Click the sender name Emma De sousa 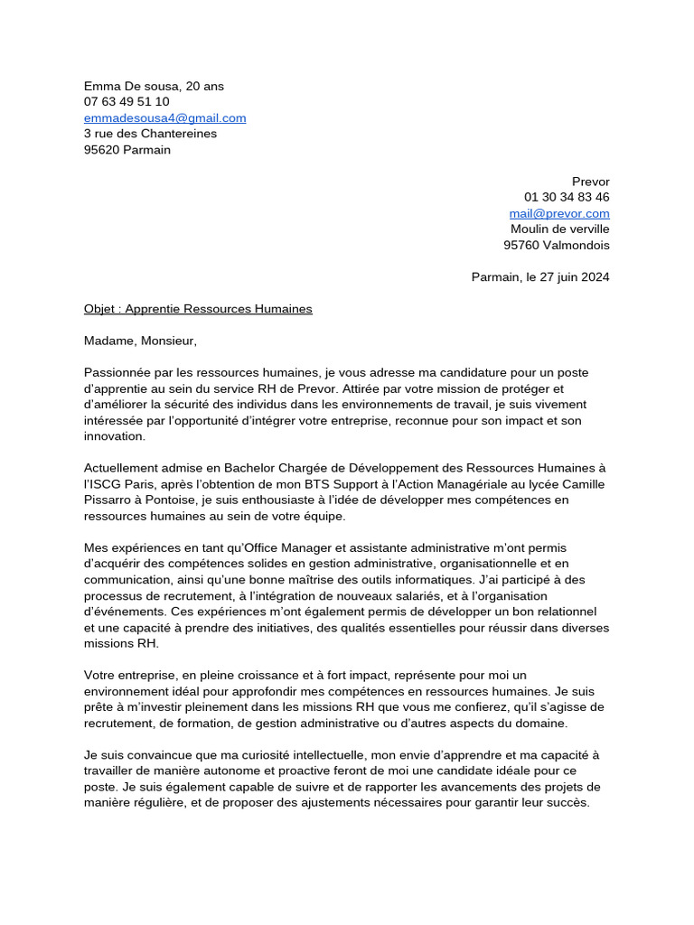129,86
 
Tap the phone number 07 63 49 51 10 127,102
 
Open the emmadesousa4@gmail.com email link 164,118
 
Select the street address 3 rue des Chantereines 150,134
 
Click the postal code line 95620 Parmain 127,150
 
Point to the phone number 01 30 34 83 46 567,197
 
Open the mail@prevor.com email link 559,213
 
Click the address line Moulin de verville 560,229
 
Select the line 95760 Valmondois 557,245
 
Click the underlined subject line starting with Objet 198,309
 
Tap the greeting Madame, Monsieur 140,341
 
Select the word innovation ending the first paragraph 114,435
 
